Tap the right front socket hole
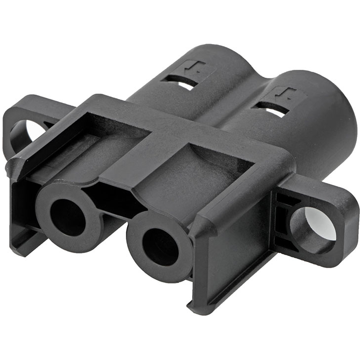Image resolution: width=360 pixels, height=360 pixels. pyautogui.click(x=160, y=247)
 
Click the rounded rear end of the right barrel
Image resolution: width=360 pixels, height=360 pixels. pyautogui.click(x=342, y=124)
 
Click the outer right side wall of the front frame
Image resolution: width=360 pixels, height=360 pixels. pyautogui.click(x=233, y=257)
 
